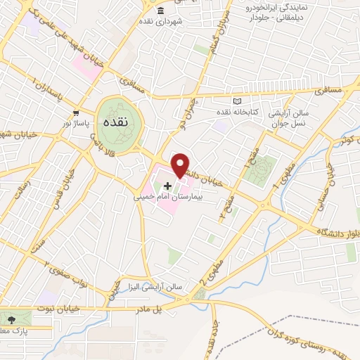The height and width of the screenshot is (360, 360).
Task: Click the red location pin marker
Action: (x=181, y=165)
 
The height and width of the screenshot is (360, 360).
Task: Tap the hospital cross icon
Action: (x=167, y=186)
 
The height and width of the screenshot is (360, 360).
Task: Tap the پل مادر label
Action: (x=167, y=308)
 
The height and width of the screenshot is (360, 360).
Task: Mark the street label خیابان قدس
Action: (x=59, y=191)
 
